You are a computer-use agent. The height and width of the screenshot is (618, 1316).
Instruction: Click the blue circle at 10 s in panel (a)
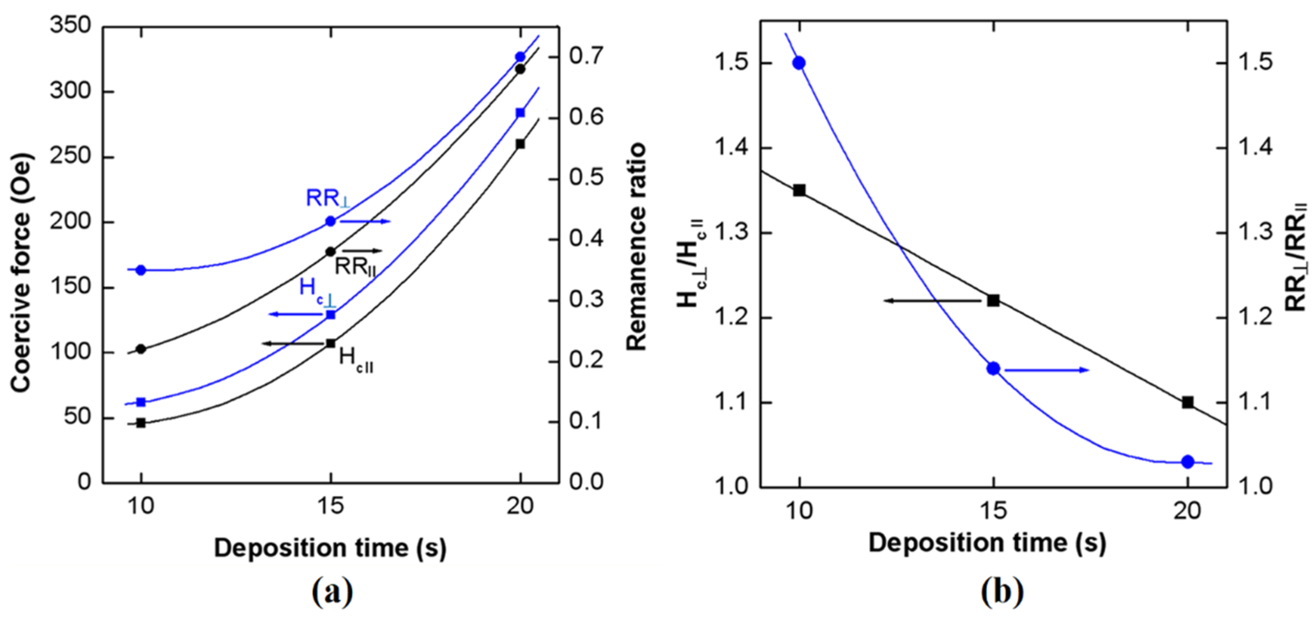[x=141, y=270]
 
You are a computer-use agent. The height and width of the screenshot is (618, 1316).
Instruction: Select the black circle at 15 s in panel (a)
[x=330, y=252]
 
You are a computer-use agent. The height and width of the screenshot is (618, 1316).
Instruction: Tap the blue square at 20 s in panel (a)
[x=520, y=113]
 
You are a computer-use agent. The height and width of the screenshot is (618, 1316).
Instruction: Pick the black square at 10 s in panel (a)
[x=141, y=423]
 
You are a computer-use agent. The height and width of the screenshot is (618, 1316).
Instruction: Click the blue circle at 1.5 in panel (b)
[x=800, y=63]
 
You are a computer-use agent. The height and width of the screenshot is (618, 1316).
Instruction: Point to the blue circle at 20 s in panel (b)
[x=1188, y=462]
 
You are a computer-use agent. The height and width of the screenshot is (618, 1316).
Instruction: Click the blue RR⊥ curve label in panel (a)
[x=328, y=199]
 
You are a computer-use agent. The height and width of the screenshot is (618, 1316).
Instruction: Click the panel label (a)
[x=332, y=592]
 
